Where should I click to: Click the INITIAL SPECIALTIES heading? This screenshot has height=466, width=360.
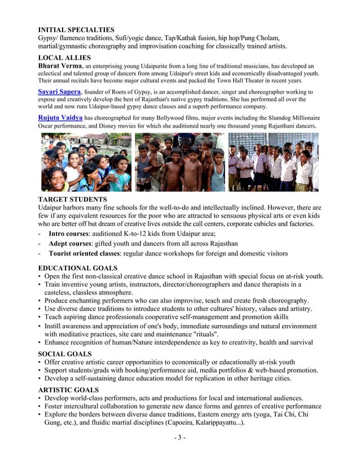click(76, 29)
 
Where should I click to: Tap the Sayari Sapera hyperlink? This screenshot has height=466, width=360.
click(59, 91)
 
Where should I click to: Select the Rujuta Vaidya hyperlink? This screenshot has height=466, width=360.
click(60, 117)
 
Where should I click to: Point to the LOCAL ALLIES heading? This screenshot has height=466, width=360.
click(64, 58)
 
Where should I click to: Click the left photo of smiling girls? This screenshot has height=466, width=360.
click(86, 162)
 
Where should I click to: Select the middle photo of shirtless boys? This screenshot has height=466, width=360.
click(179, 162)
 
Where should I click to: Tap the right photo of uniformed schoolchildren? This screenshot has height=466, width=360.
click(273, 162)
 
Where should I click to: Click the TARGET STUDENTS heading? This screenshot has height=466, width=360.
click(72, 200)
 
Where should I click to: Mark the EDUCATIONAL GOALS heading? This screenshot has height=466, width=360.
click(77, 268)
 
